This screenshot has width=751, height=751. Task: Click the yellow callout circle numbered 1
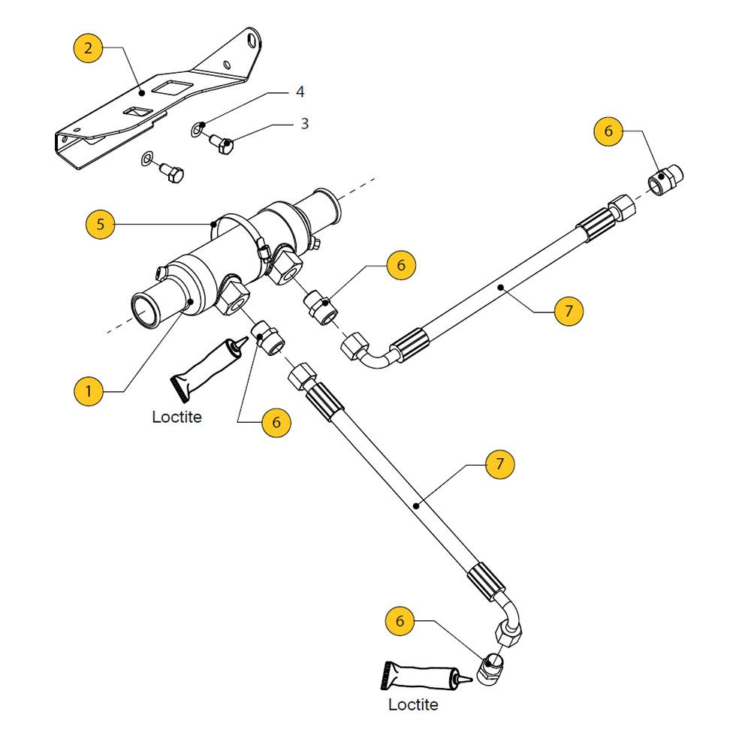(89, 391)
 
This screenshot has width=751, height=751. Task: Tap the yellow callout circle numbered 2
(89, 50)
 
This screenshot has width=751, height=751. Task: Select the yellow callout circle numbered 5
(101, 224)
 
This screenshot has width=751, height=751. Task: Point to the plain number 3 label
(304, 123)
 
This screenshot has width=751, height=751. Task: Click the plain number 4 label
(300, 92)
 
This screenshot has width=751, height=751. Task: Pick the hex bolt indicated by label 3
(222, 142)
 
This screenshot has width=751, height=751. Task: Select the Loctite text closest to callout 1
(176, 417)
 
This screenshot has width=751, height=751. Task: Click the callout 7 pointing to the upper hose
(569, 309)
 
